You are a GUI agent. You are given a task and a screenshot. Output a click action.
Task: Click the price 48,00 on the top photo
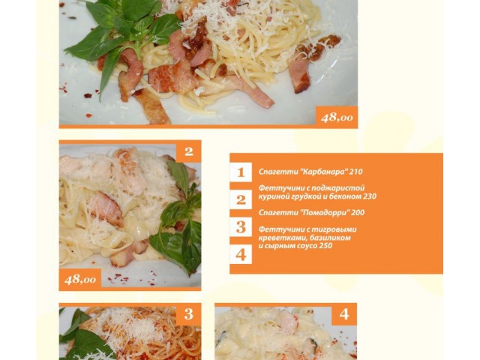337,117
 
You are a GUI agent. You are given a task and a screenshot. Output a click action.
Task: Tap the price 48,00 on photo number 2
80,279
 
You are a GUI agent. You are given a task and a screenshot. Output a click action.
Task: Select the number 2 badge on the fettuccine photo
188,151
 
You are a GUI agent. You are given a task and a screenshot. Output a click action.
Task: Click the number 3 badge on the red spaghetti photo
188,313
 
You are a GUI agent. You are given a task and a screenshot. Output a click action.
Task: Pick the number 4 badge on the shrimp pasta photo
344,313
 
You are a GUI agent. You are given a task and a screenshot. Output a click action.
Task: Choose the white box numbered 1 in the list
241,172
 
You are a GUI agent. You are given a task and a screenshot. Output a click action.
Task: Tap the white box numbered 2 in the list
241,199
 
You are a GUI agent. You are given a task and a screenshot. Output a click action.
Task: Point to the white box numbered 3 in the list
241,226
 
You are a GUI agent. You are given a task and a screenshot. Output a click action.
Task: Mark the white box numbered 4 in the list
241,254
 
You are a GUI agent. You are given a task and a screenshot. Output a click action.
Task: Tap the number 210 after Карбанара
356,172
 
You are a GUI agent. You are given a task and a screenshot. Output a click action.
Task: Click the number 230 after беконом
370,196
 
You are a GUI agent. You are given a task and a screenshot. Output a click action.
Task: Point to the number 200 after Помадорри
358,212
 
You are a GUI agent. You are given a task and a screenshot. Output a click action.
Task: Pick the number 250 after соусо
325,246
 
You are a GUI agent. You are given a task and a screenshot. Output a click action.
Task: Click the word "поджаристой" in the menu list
340,188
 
